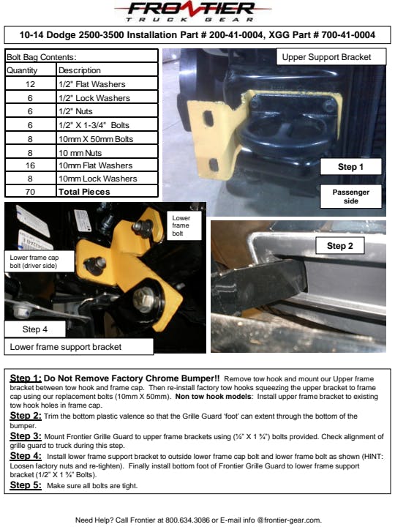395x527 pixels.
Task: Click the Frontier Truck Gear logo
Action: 192,11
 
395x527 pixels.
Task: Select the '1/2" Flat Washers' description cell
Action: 107,83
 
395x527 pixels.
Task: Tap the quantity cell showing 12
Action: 30,83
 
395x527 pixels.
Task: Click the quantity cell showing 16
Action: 30,165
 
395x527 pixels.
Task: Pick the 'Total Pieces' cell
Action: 107,192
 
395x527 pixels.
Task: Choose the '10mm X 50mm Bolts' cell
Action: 107,139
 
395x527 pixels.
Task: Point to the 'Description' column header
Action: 107,70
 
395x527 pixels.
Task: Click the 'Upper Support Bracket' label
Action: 331,57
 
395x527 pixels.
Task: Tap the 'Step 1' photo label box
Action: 350,167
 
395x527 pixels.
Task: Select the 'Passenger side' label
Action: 350,196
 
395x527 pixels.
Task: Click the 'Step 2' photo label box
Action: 340,246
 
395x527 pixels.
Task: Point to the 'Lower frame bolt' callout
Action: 184,225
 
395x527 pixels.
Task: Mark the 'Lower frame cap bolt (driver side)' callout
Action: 39,261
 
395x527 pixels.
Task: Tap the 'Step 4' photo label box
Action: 35,329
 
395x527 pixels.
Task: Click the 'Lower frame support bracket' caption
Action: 78,346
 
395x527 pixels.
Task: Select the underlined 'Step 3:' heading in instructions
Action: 26,436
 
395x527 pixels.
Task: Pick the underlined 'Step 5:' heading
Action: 26,485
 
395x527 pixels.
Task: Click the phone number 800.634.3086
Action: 187,520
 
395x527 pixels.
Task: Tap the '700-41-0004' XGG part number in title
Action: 348,34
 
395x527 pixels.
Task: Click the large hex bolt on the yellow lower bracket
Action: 144,299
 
